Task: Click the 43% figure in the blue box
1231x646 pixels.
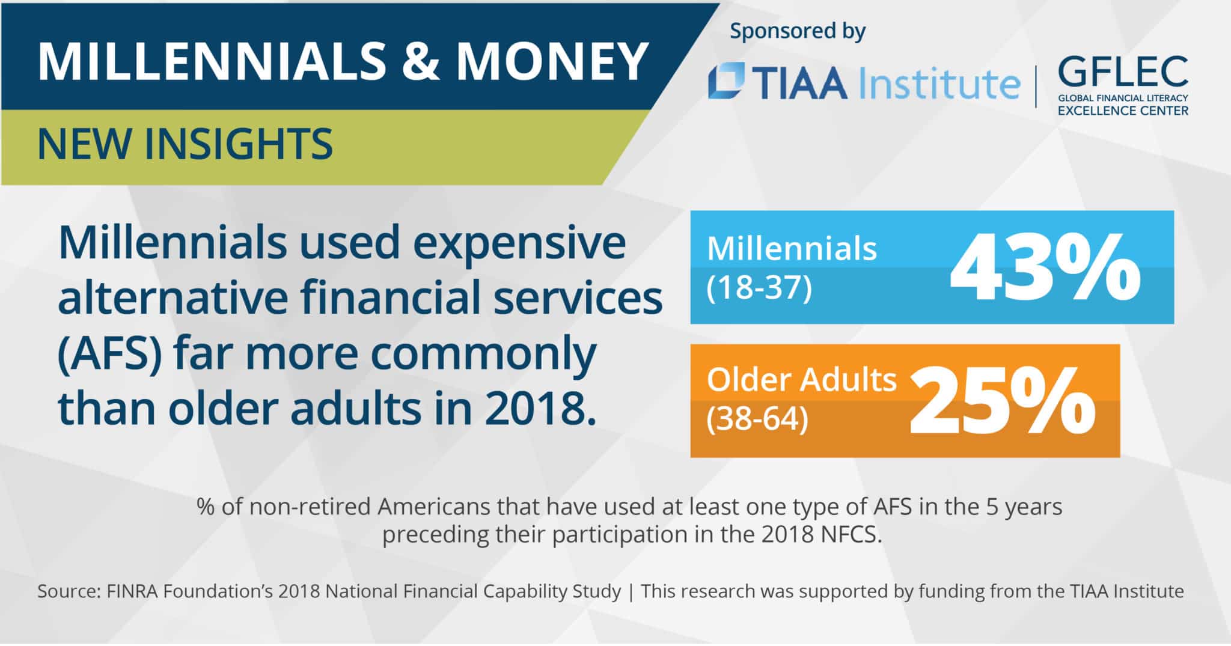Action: click(1045, 268)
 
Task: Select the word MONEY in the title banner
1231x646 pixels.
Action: click(551, 61)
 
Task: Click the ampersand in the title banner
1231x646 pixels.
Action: click(421, 61)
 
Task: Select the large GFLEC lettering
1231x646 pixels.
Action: click(1123, 72)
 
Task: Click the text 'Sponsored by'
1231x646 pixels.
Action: click(798, 32)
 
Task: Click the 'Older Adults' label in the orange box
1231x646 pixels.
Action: click(801, 380)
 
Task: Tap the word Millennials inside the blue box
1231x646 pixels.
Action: click(792, 249)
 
